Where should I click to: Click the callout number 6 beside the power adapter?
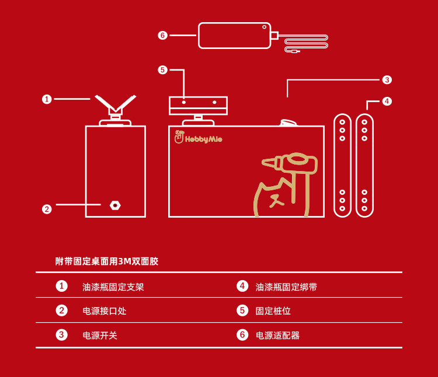(x=162, y=35)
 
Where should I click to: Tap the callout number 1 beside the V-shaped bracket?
(x=47, y=99)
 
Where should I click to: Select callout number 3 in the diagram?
(x=387, y=79)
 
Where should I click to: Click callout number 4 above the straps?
(x=387, y=101)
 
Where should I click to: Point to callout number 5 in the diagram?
(x=162, y=70)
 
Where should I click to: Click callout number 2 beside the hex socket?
(x=47, y=209)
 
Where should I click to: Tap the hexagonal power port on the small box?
(x=115, y=205)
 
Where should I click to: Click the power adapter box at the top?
(x=234, y=35)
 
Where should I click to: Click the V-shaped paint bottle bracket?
(x=115, y=105)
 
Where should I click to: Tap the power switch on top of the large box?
(x=288, y=123)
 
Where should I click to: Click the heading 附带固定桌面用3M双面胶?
(x=107, y=261)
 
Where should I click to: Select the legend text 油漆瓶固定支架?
(x=113, y=287)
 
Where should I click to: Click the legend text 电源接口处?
(x=105, y=311)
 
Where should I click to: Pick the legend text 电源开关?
(x=100, y=336)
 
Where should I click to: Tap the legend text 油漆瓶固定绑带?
(x=286, y=287)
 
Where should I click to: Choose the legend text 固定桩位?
(x=273, y=311)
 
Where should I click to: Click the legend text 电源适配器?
(x=277, y=336)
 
